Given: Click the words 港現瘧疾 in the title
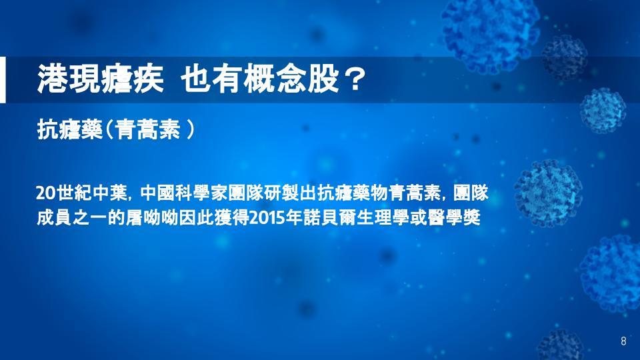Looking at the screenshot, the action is click(x=101, y=79).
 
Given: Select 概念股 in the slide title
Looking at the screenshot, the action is click(x=291, y=79).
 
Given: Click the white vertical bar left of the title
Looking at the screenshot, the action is click(x=3, y=79).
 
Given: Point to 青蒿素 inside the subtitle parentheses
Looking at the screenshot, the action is click(x=147, y=130).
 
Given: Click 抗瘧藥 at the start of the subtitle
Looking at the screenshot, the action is click(x=69, y=130).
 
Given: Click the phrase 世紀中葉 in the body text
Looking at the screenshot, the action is click(x=92, y=193).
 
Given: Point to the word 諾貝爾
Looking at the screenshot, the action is click(x=329, y=218).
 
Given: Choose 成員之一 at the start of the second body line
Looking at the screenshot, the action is click(x=72, y=218).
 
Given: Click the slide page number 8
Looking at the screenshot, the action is click(x=623, y=341).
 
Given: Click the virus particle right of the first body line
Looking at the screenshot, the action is click(x=548, y=193).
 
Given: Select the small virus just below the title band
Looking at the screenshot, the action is click(x=603, y=110).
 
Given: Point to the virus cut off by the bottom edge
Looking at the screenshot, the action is click(x=560, y=345).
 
